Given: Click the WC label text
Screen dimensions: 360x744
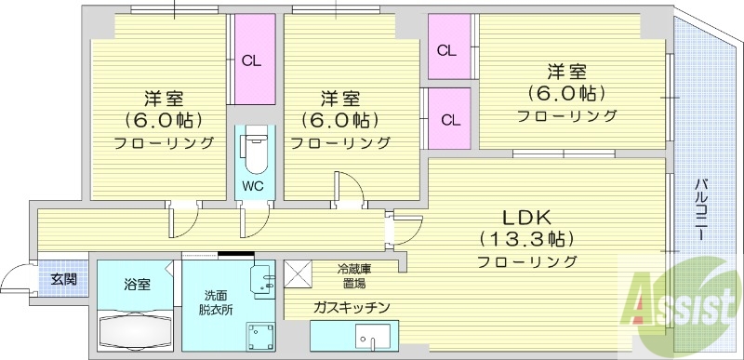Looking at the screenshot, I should pyautogui.click(x=253, y=185).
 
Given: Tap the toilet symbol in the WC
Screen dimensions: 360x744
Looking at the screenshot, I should pyautogui.click(x=253, y=149).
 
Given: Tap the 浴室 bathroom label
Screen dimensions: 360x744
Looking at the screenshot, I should pyautogui.click(x=136, y=284).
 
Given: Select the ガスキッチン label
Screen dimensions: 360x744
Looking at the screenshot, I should pyautogui.click(x=351, y=307).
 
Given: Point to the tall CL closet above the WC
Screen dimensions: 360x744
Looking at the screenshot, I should pyautogui.click(x=253, y=62).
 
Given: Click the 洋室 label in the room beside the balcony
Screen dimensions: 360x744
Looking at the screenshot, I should pyautogui.click(x=565, y=71).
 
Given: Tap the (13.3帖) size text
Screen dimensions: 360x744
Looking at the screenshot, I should pyautogui.click(x=526, y=238).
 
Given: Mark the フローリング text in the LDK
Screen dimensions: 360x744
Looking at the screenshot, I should pyautogui.click(x=527, y=261).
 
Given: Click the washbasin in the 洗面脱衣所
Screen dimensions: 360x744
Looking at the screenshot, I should pyautogui.click(x=264, y=277).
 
